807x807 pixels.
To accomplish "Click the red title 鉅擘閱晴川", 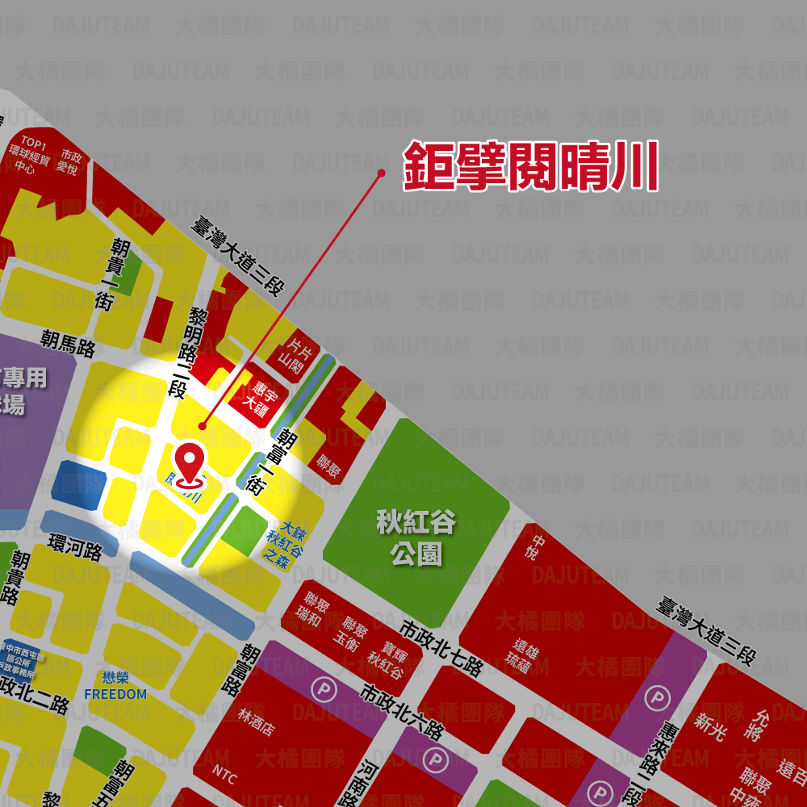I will tap(531, 167).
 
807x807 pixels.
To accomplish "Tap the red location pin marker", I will tap(190, 465).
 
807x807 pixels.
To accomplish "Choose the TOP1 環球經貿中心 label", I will tap(30, 156).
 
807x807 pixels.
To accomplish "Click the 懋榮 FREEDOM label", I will tap(115, 686).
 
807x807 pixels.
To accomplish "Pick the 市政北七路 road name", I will tap(441, 649).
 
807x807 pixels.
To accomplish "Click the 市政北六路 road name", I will tap(402, 713).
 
